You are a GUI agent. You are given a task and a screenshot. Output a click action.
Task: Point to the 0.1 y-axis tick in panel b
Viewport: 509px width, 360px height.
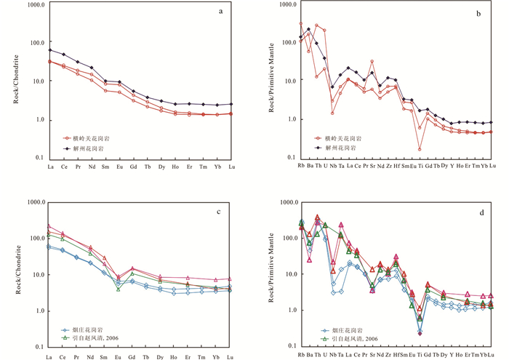coord(288,159)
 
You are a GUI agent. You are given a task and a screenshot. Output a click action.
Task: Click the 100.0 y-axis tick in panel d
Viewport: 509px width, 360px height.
coord(285,239)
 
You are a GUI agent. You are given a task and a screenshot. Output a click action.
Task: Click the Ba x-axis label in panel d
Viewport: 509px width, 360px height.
coord(308,356)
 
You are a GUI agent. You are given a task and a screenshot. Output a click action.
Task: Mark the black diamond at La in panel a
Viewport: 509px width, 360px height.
coord(49,50)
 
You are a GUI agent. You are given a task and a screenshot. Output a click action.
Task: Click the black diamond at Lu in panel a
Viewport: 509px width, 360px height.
coord(231,104)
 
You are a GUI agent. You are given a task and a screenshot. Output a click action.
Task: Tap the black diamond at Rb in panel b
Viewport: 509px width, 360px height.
coord(300,37)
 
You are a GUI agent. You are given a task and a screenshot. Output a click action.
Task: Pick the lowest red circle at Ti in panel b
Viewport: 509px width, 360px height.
coord(420,149)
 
